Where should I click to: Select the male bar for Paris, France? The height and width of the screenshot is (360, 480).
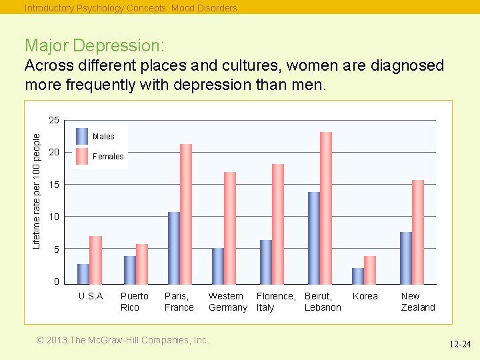(x=174, y=247)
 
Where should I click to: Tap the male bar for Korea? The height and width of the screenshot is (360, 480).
(x=358, y=275)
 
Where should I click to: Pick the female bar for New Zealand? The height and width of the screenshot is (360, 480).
(x=418, y=232)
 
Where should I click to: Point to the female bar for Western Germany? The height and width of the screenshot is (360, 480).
(x=230, y=227)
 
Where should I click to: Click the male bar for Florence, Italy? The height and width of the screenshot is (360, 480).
(x=266, y=261)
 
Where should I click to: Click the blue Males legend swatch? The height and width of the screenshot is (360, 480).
(x=82, y=136)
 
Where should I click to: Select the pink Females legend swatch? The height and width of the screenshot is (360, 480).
(x=82, y=156)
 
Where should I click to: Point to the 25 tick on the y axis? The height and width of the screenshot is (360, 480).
(x=54, y=121)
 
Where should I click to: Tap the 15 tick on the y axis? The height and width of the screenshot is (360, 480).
(x=54, y=185)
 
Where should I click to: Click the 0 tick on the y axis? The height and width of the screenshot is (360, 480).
(x=57, y=282)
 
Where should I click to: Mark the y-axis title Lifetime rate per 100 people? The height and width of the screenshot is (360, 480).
(x=37, y=190)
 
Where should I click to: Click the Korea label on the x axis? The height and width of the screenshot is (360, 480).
(x=365, y=296)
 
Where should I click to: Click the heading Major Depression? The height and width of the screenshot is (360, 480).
(x=94, y=45)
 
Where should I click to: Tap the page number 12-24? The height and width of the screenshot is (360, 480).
(x=459, y=345)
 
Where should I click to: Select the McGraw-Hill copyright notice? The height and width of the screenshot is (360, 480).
(x=123, y=340)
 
